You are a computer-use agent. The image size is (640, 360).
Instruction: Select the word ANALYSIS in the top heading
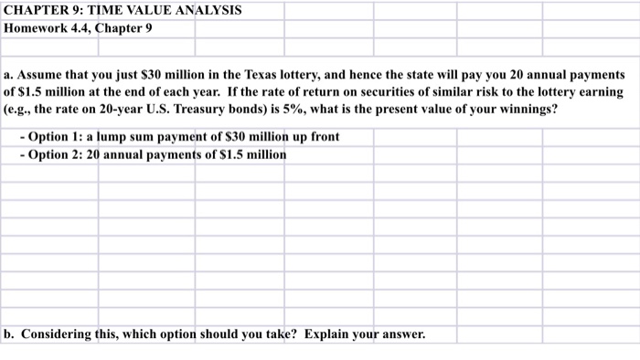[x=208, y=10]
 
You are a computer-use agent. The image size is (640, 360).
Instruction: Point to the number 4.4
[x=87, y=27]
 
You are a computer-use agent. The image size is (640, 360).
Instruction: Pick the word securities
[x=346, y=91]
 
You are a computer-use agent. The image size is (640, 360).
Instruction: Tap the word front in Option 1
[x=322, y=136]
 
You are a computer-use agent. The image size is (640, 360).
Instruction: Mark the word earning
[x=599, y=91]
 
